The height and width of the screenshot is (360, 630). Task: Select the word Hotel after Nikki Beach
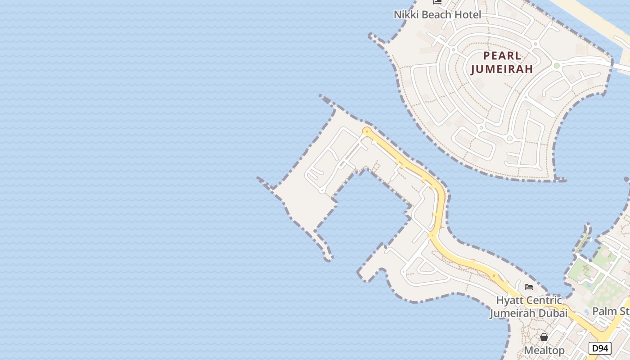467,15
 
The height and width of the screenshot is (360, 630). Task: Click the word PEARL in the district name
502,56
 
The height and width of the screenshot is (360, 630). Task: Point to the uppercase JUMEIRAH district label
502,69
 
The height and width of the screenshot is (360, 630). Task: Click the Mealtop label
544,351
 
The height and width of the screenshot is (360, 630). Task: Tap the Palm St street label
611,311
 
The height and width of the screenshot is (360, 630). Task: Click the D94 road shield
600,348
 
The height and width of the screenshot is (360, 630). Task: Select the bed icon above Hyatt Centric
529,287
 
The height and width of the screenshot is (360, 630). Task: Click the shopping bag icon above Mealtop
544,337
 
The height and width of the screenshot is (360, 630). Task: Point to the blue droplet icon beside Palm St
586,312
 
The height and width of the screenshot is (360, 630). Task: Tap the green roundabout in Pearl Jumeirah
557,66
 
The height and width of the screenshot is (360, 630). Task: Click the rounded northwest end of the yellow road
367,131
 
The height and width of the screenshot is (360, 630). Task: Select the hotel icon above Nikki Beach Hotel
437,2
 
